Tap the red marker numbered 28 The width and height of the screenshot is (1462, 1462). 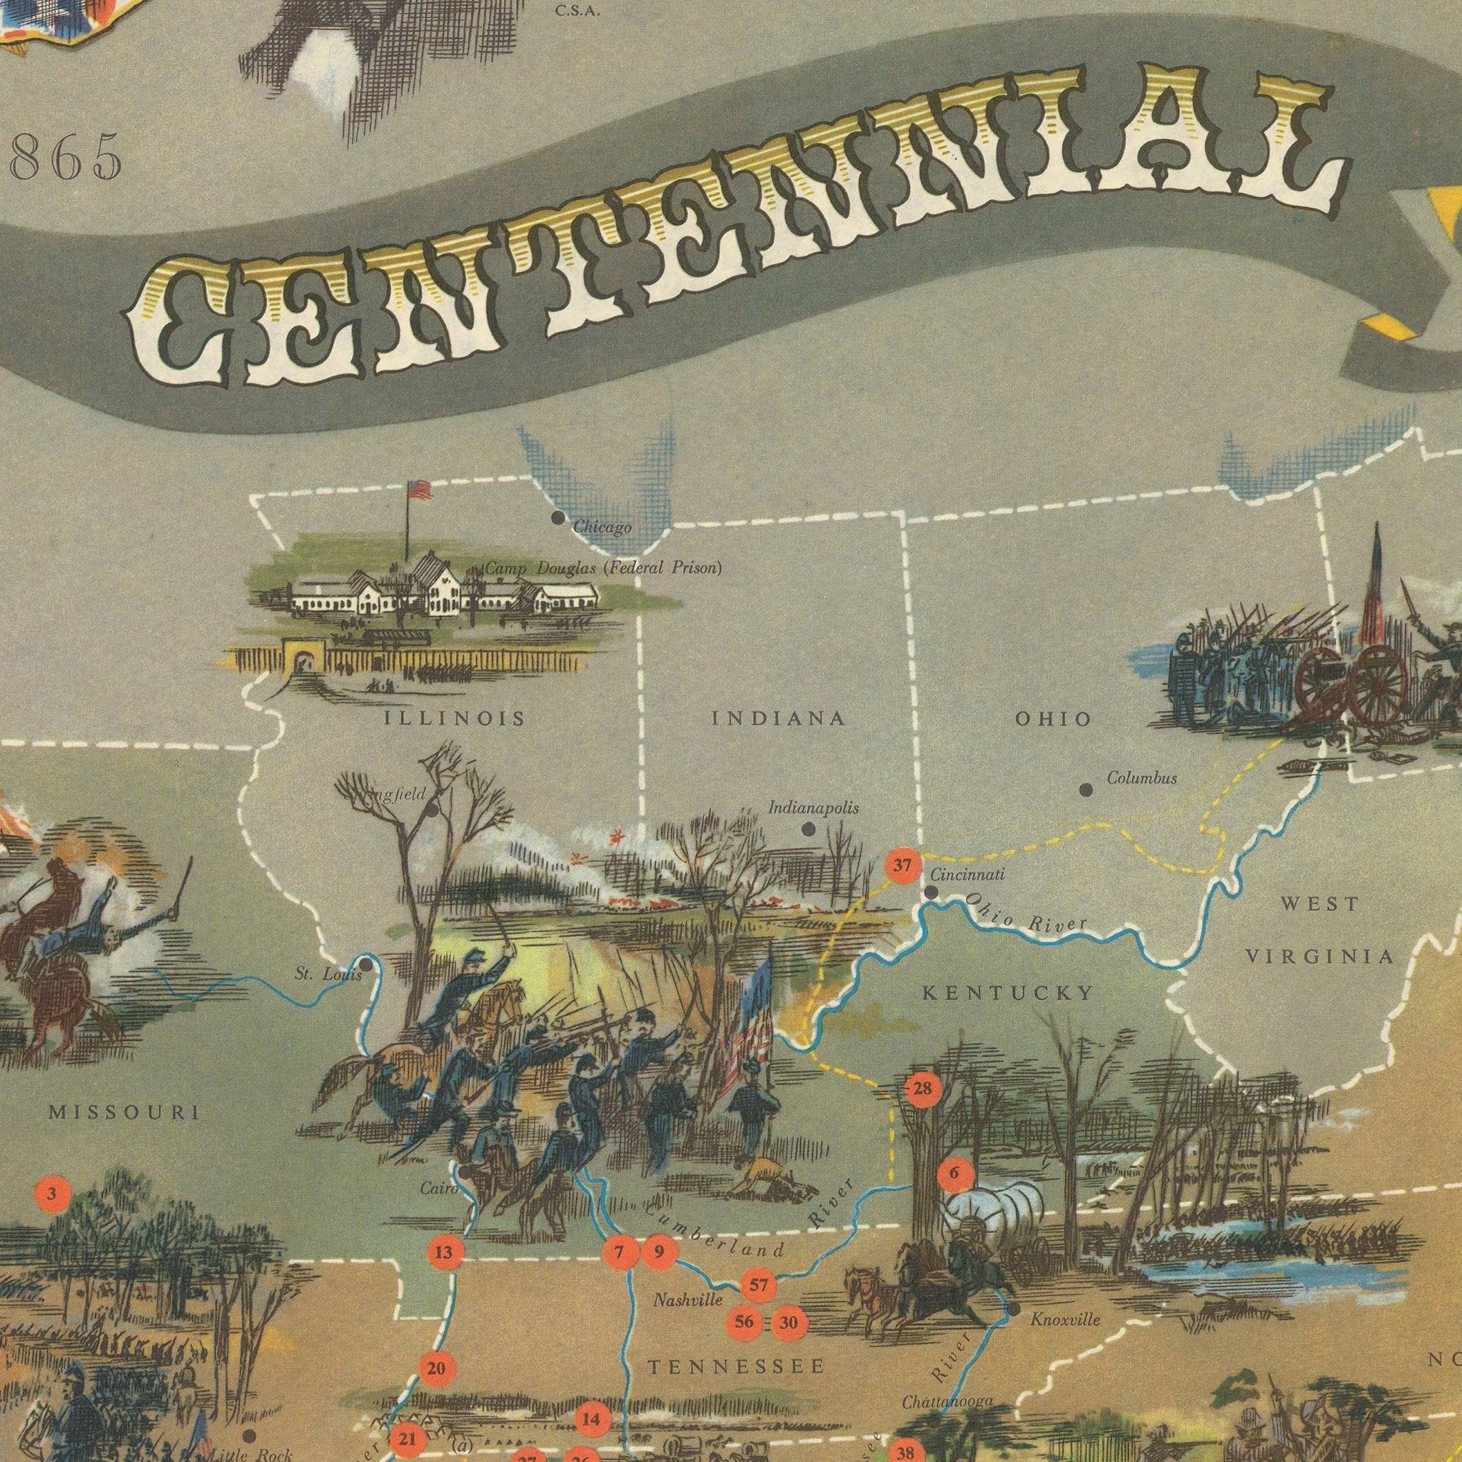(x=922, y=1089)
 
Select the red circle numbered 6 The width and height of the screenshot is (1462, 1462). (x=954, y=1174)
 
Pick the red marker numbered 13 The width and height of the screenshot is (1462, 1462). (x=443, y=1252)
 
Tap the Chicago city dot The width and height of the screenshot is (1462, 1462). (x=558, y=518)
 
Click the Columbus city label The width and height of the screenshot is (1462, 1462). (x=1141, y=778)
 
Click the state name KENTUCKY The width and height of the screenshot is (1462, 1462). (x=1008, y=994)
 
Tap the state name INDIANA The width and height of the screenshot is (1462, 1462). (x=778, y=718)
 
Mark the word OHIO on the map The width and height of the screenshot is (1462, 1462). (x=1053, y=718)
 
